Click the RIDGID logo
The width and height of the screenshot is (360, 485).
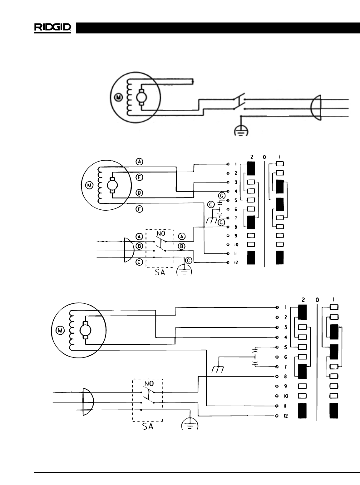[53, 28]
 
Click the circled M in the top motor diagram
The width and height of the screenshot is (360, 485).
[119, 97]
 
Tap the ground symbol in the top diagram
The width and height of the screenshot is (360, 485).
[241, 132]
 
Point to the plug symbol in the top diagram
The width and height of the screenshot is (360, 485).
[316, 108]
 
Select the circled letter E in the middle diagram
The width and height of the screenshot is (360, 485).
[140, 177]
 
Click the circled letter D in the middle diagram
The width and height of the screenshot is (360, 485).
[139, 193]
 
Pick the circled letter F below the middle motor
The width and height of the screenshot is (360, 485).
[140, 209]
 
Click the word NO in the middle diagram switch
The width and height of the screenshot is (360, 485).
[161, 233]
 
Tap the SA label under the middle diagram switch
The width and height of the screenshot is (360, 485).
[160, 272]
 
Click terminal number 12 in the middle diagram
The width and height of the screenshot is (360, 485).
[236, 262]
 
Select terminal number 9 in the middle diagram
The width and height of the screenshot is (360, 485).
[236, 236]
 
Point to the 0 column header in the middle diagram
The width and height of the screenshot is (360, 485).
[264, 157]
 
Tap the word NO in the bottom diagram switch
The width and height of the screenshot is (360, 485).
[149, 383]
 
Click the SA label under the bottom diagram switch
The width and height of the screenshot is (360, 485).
[148, 426]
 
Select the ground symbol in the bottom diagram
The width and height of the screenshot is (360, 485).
[190, 424]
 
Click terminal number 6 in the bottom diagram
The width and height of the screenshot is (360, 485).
[285, 357]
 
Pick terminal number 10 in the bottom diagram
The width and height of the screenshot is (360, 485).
[286, 396]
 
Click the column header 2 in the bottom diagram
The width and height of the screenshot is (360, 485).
[303, 300]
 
